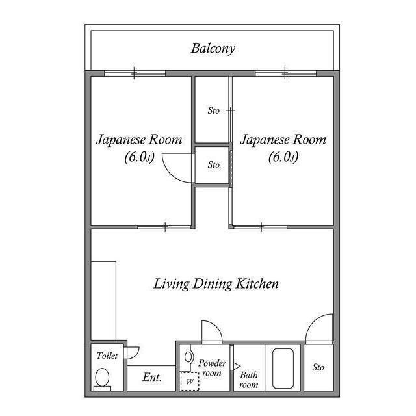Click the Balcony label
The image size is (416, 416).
(x=213, y=48)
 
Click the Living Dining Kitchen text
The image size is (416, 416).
(x=216, y=284)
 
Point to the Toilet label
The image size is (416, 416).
(x=107, y=356)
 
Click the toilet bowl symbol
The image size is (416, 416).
(x=102, y=377)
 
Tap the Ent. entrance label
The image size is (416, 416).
(x=151, y=377)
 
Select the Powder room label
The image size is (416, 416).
(x=212, y=369)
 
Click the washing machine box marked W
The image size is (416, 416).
(x=189, y=381)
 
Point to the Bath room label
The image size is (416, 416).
(x=249, y=380)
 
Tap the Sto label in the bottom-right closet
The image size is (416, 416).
(x=318, y=368)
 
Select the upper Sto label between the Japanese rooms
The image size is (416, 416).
(x=213, y=110)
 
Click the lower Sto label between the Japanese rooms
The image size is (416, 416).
(x=213, y=165)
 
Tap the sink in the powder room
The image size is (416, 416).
(x=189, y=357)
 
